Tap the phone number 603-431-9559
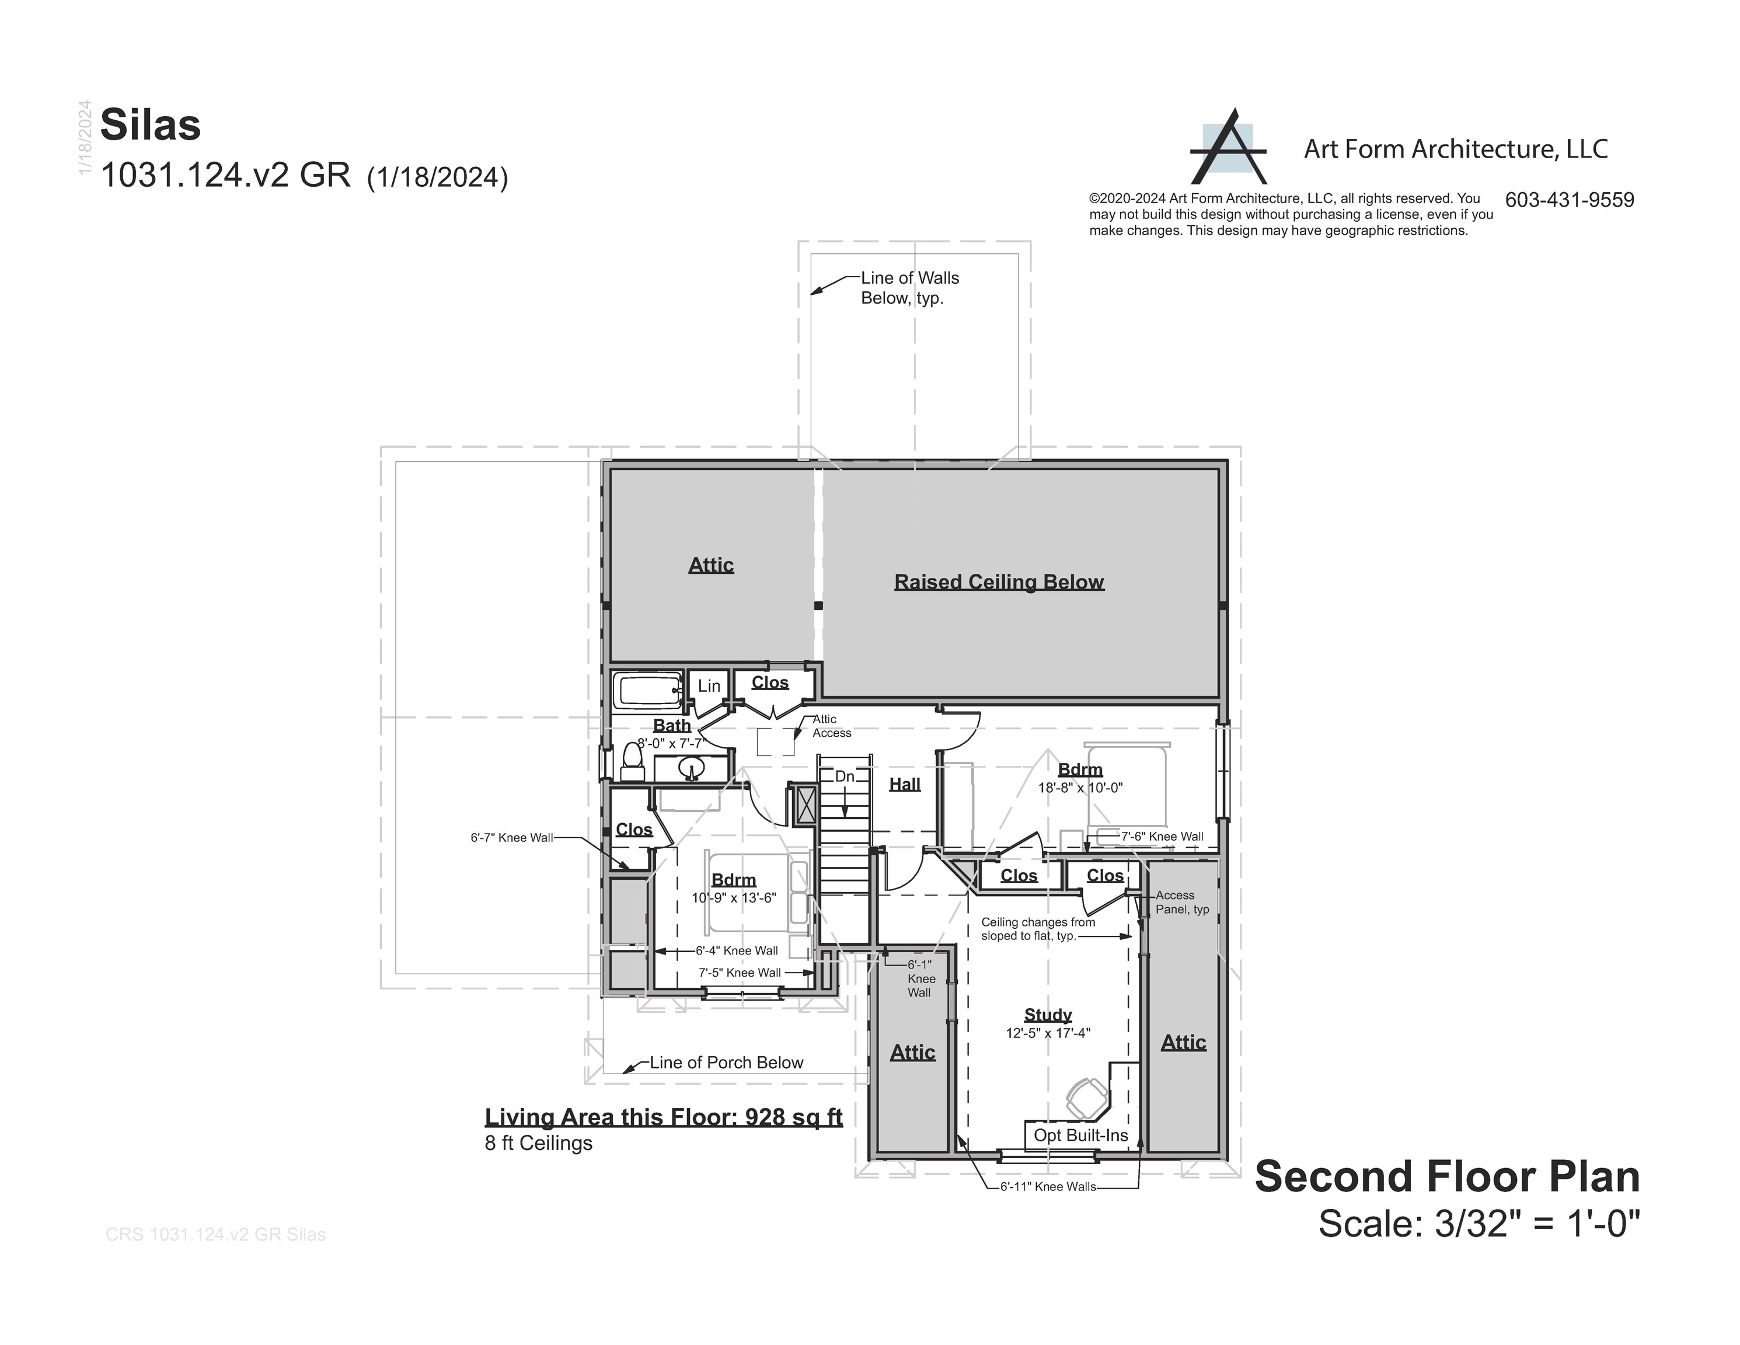pos(1570,200)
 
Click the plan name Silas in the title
pos(151,125)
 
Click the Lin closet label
pos(709,685)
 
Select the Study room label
pos(1048,1015)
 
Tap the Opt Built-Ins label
pos(1081,1135)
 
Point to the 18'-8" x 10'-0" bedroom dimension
pos(1080,788)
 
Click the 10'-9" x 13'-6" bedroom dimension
pos(734,897)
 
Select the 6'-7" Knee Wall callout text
pos(511,838)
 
